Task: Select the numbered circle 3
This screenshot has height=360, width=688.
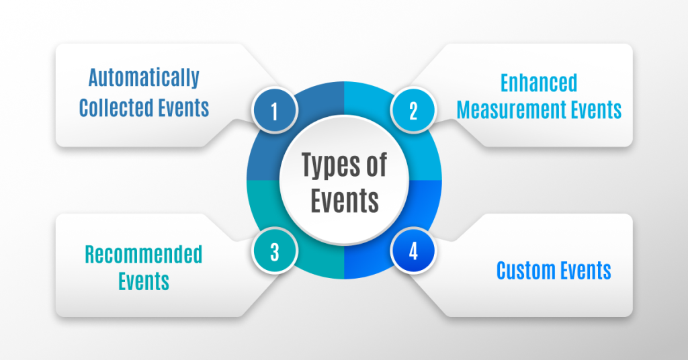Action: pos(274,253)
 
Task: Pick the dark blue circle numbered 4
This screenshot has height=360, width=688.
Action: pos(413,253)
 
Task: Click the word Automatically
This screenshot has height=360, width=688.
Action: pos(144,79)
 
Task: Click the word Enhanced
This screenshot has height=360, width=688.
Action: pos(539,83)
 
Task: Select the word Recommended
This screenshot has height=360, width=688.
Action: pos(143,255)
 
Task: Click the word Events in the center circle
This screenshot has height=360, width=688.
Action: pos(344,200)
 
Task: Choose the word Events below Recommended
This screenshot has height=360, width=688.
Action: pos(143,281)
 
